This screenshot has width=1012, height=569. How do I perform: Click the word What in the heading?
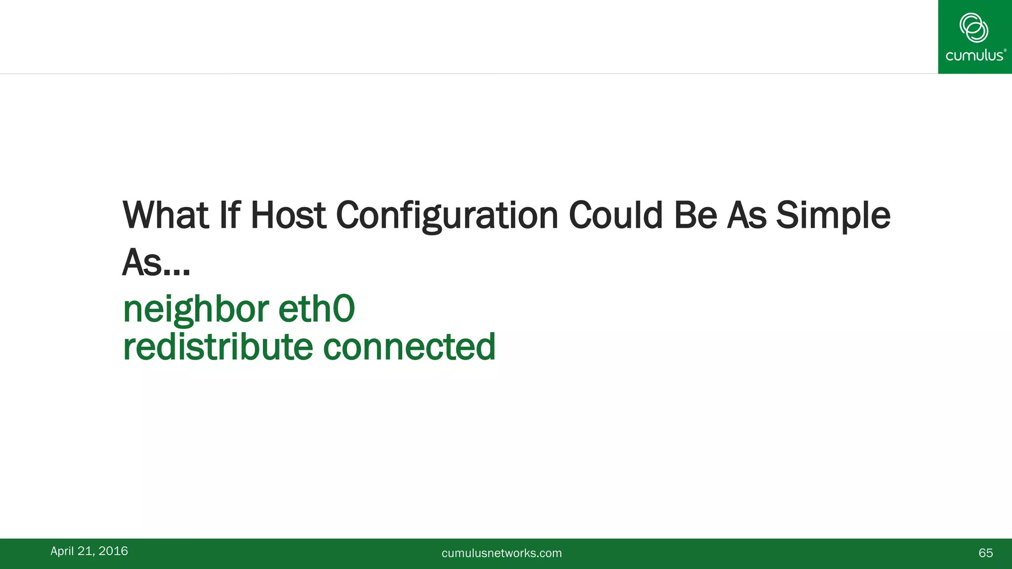[166, 215]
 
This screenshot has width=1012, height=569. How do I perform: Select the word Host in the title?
[288, 215]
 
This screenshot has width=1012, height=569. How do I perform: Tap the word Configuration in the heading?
[447, 216]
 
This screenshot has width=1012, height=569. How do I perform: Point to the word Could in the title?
[615, 215]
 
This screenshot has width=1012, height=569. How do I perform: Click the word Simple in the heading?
[833, 216]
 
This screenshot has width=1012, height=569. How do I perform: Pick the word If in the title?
[230, 215]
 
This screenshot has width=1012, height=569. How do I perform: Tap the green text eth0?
[316, 309]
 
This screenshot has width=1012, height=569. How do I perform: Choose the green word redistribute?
[218, 347]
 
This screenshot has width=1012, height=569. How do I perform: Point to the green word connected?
[409, 347]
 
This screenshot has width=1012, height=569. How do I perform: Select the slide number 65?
[985, 553]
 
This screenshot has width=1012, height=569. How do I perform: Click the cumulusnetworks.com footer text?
[502, 553]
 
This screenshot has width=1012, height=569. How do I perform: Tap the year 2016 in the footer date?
[113, 551]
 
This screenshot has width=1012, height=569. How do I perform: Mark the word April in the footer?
[62, 551]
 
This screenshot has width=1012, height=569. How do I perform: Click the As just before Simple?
[746, 215]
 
